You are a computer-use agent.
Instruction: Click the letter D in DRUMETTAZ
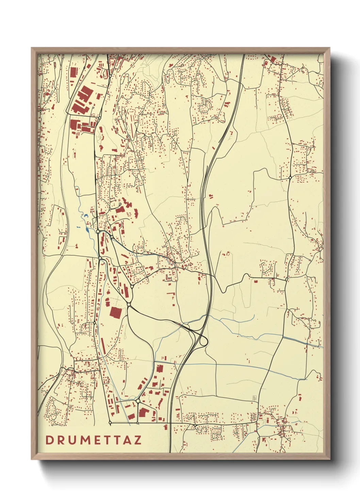tap(49, 440)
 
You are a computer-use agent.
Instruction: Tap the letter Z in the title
tap(137, 440)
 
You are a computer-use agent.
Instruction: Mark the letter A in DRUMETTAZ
tap(127, 440)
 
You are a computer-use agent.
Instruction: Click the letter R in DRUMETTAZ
tap(61, 440)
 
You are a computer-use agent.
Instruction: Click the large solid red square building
tap(115, 312)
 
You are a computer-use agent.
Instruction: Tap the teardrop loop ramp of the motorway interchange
tap(203, 341)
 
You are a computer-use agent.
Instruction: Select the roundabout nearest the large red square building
tap(129, 304)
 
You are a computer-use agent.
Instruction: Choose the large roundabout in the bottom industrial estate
tap(138, 401)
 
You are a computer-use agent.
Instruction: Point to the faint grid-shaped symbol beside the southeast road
tap(254, 397)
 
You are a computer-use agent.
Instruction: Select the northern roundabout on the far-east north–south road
tap(290, 177)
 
